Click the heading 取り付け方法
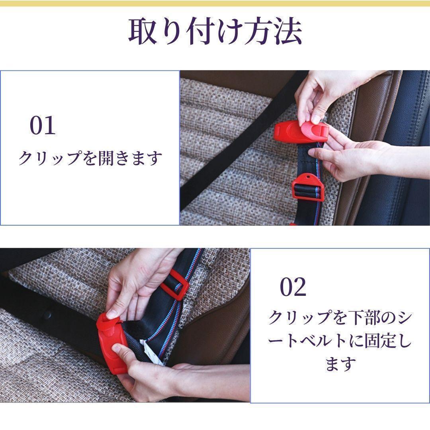coord(215,31)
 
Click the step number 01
coord(43,125)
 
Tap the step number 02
coord(293,287)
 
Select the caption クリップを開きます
coord(90,158)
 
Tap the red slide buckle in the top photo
coord(308,186)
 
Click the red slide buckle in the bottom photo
coord(175,284)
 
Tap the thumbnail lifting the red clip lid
coord(316,119)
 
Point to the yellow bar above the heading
coord(215,3)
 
